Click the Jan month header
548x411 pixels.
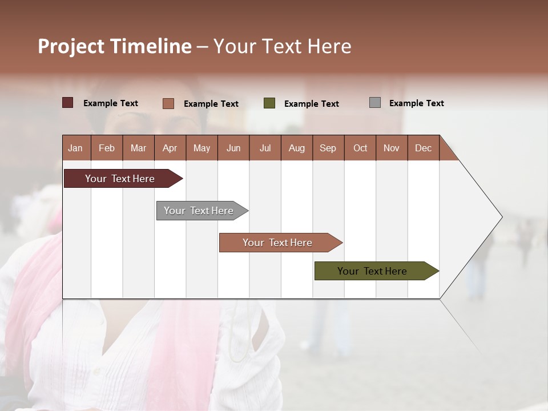[x=76, y=148]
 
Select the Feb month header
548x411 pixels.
[x=107, y=148]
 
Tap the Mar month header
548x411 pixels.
[x=138, y=148]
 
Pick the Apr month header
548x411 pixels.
[x=170, y=148]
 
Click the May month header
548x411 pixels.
[x=202, y=148]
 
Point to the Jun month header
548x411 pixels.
[x=233, y=148]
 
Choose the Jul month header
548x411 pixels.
[x=265, y=148]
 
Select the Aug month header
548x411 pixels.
[x=296, y=148]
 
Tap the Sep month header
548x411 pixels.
[x=328, y=148]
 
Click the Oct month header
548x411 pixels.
[x=360, y=148]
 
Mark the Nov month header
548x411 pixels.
[x=391, y=148]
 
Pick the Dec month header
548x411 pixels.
[x=423, y=148]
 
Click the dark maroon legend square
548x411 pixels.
[x=68, y=103]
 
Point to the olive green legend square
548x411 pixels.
[x=269, y=103]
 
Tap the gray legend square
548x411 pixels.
[x=375, y=103]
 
